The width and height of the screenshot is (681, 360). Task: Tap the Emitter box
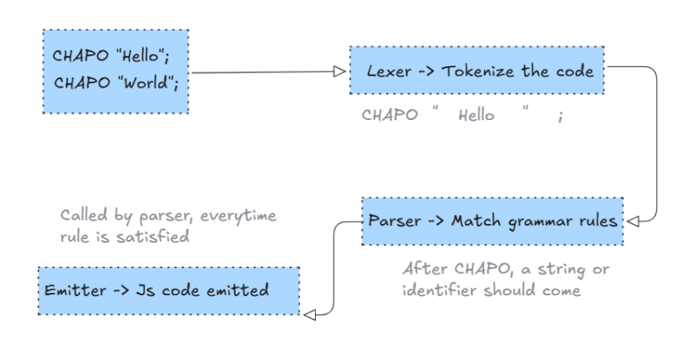click(169, 290)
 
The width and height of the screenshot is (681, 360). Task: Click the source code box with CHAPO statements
click(116, 72)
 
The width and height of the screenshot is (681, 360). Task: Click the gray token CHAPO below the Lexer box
click(389, 117)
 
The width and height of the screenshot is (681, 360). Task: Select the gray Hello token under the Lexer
click(476, 117)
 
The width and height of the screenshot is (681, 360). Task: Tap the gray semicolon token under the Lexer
click(560, 117)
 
